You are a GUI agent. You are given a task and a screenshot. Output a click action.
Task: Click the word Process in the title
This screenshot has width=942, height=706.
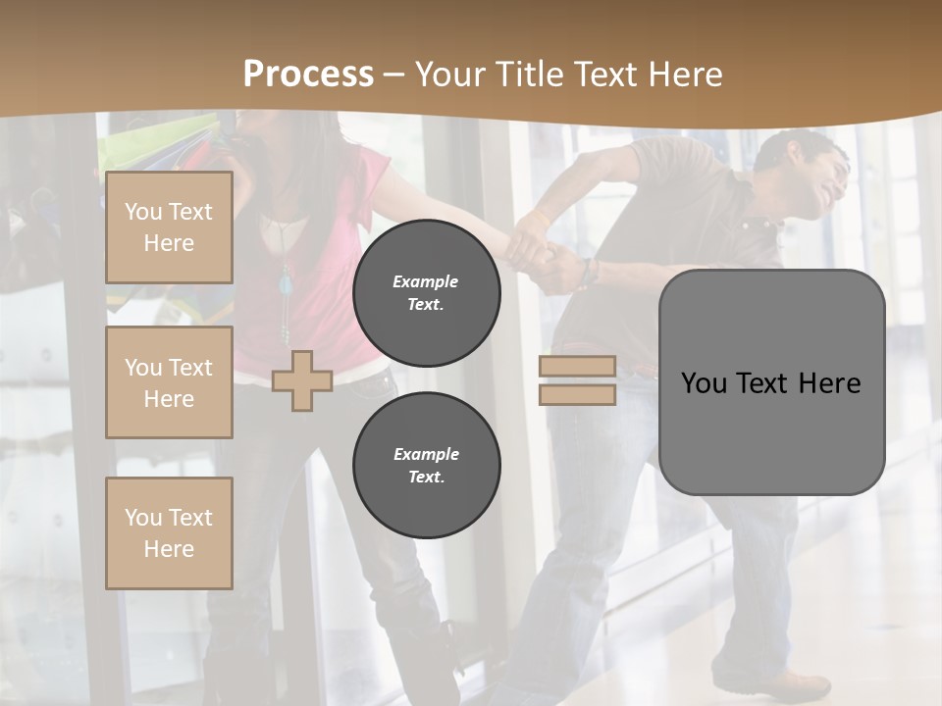308,75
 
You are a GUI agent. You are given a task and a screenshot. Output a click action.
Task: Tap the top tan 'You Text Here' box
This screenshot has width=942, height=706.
169,227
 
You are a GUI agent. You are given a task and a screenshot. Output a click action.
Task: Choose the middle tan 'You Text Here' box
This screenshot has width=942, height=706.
169,382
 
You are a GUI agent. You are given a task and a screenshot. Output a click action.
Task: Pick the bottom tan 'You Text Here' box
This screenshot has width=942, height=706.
169,532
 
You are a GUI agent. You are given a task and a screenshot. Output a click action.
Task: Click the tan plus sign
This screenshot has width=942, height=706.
302,380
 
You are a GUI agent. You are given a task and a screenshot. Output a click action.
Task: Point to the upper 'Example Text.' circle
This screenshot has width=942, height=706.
426,293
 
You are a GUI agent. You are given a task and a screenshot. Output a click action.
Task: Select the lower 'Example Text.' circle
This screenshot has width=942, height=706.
426,465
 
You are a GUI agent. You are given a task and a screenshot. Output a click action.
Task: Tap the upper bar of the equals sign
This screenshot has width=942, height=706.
577,367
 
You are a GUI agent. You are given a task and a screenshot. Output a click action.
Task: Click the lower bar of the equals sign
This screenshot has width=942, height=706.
577,395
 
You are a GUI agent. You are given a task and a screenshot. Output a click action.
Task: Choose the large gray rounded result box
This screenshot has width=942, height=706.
771,382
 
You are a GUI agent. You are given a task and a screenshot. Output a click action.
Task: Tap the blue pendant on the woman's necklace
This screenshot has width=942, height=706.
287,285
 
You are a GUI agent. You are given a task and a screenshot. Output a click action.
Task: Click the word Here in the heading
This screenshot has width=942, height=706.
685,75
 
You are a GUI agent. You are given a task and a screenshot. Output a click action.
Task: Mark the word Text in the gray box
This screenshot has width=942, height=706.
762,383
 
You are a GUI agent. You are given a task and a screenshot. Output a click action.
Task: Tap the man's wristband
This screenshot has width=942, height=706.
588,273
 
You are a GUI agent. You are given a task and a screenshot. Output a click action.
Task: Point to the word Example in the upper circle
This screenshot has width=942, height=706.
426,281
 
